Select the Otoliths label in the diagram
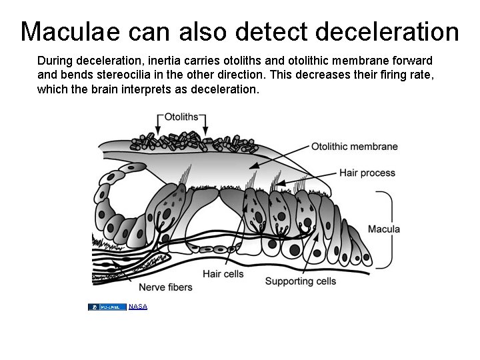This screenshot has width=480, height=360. [x=181, y=117]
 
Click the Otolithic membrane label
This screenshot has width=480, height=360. [x=354, y=147]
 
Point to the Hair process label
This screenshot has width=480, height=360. [x=367, y=173]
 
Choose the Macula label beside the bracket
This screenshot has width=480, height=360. [x=383, y=229]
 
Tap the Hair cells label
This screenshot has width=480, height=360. [x=223, y=274]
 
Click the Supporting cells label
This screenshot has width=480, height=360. [x=301, y=281]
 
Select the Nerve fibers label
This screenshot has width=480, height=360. [x=165, y=287]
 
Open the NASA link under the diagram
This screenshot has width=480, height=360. [x=138, y=307]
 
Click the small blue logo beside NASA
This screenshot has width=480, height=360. [x=107, y=307]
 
